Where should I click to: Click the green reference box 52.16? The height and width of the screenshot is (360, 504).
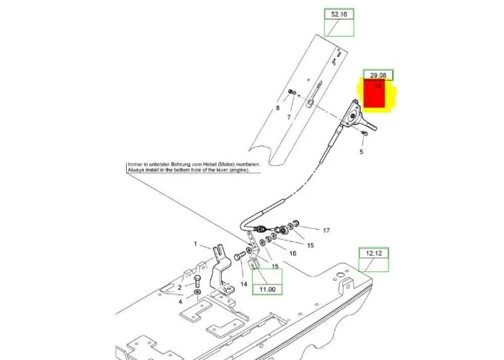pyautogui.click(x=338, y=14)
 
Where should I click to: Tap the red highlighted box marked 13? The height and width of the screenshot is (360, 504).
pyautogui.click(x=377, y=94)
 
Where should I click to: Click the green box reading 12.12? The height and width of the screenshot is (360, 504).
pyautogui.click(x=374, y=253)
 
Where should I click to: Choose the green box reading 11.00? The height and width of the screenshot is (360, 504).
pyautogui.click(x=267, y=289)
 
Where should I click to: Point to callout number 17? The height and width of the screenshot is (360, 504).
pyautogui.click(x=325, y=230)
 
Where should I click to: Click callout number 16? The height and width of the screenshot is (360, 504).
pyautogui.click(x=292, y=253)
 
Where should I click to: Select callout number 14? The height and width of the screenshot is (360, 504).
pyautogui.click(x=243, y=284)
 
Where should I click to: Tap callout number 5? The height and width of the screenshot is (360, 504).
pyautogui.click(x=362, y=152)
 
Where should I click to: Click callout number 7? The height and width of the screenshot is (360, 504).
pyautogui.click(x=288, y=117)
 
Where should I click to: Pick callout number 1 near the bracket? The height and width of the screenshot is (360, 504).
pyautogui.click(x=194, y=244)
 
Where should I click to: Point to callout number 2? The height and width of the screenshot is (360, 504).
pyautogui.click(x=180, y=287)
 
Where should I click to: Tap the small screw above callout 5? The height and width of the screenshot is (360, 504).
pyautogui.click(x=366, y=133)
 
